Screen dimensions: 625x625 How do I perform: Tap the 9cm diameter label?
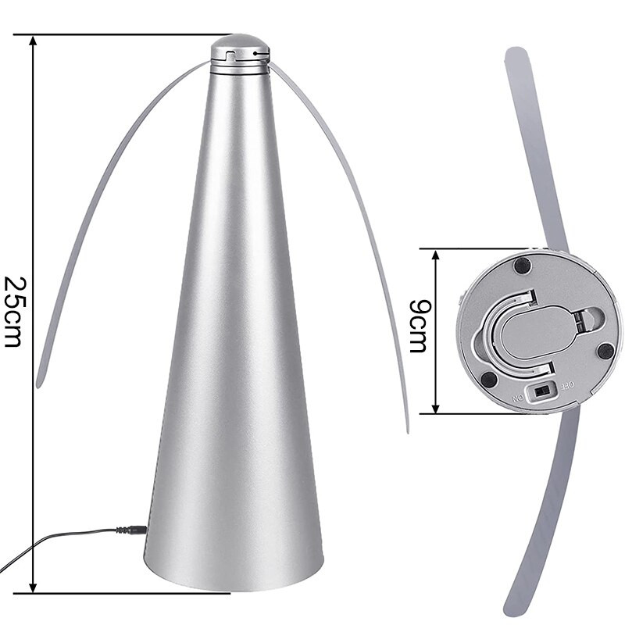418,327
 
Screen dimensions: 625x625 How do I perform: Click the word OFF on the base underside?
566,385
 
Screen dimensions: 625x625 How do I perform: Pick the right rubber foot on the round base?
605,351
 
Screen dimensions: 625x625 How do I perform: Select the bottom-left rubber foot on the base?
488,380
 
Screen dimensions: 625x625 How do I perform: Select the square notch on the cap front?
229,55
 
